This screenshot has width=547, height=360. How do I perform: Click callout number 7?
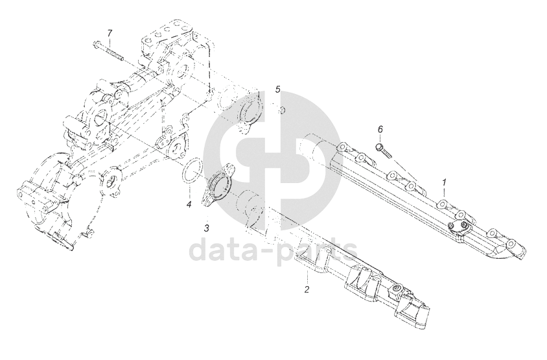[110, 32]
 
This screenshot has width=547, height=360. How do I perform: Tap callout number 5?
[277, 89]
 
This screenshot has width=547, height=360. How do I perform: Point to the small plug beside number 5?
[283, 110]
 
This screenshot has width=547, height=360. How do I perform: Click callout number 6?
[380, 130]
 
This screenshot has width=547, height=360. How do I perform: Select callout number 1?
[444, 183]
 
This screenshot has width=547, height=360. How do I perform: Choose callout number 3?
[206, 228]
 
